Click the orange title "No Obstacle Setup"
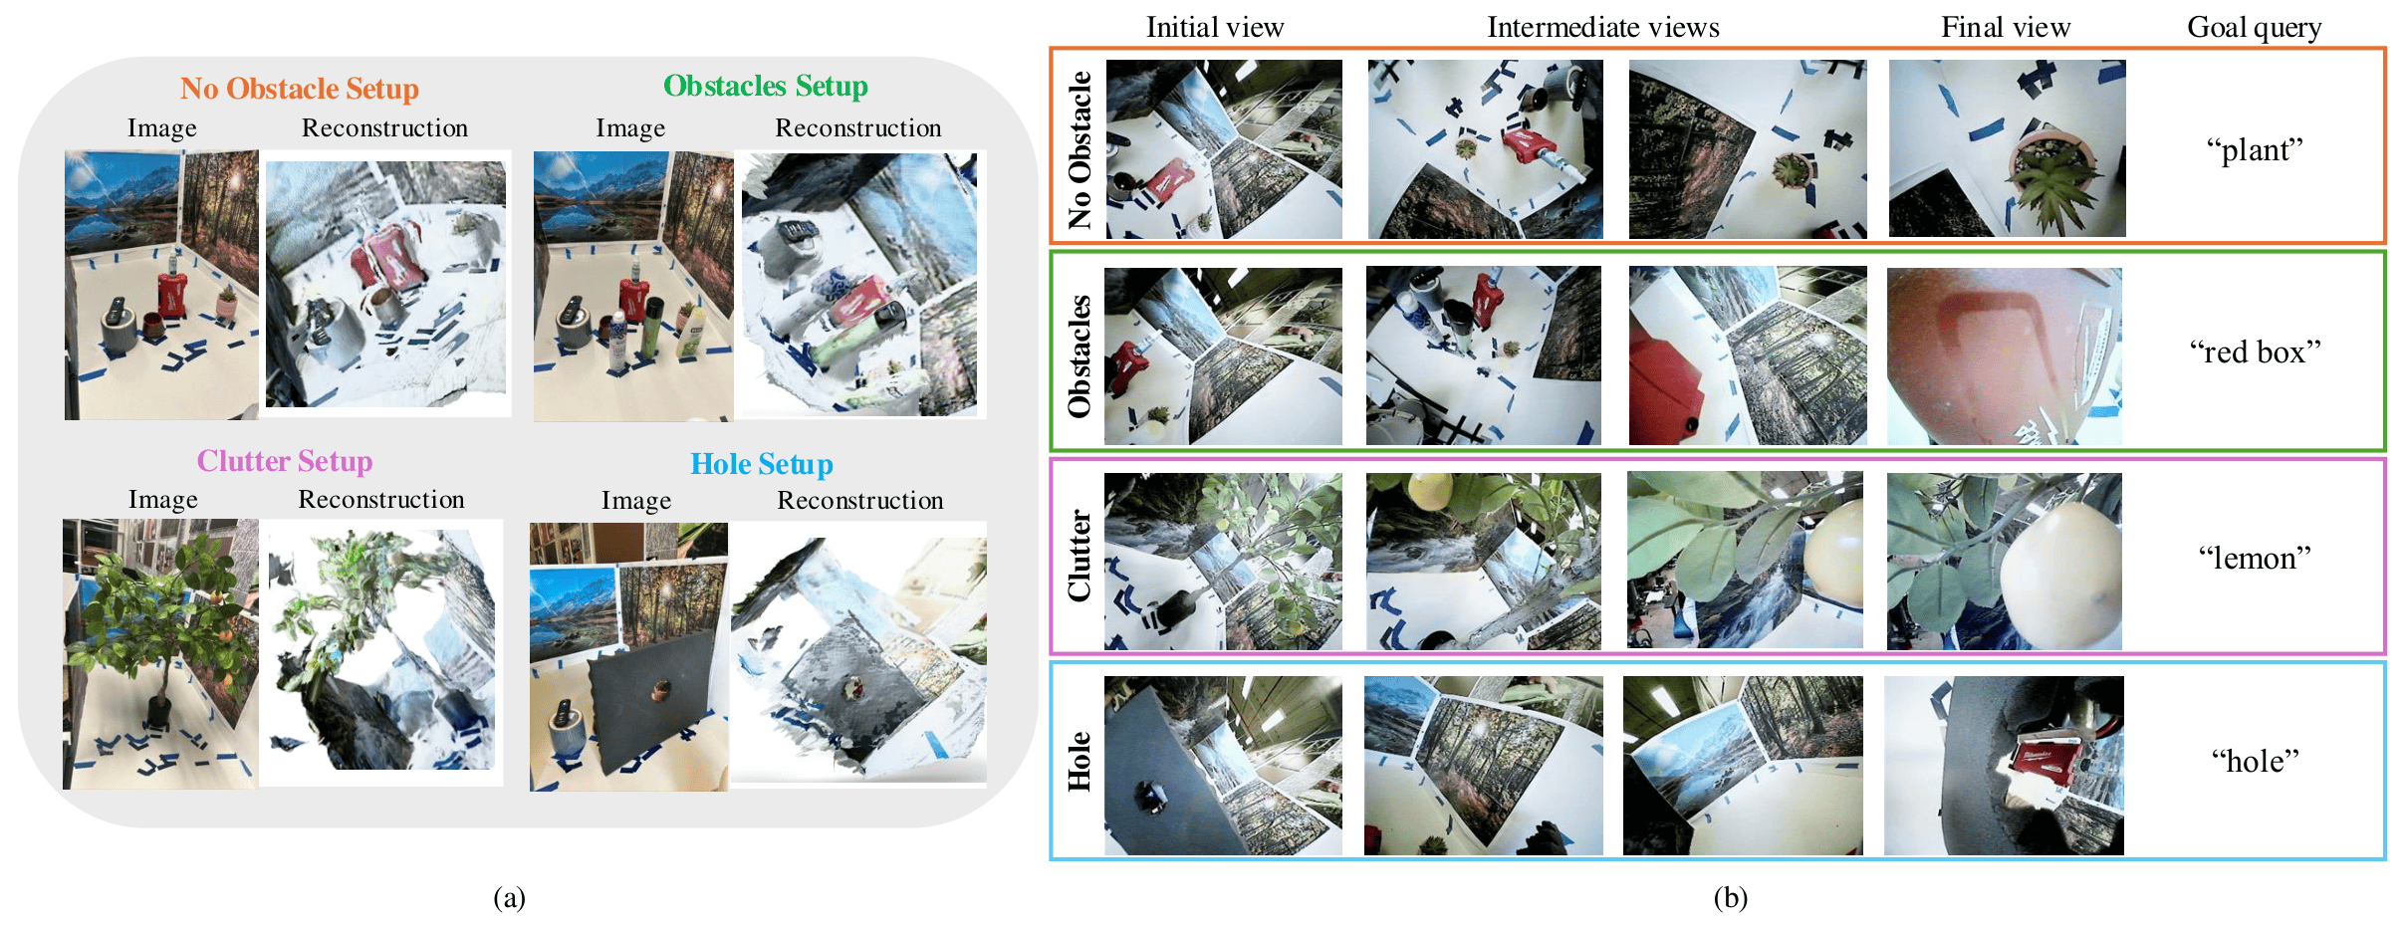click(299, 89)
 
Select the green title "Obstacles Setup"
click(765, 87)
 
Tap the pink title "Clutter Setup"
click(284, 461)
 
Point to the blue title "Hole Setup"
click(761, 464)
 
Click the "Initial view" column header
click(1215, 27)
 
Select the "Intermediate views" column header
click(1602, 27)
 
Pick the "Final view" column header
click(2005, 27)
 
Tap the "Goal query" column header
click(2254, 27)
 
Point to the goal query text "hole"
click(2255, 761)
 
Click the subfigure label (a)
click(509, 897)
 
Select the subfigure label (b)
click(1730, 897)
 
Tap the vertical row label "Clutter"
click(1080, 556)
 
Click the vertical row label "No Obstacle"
click(1080, 149)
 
